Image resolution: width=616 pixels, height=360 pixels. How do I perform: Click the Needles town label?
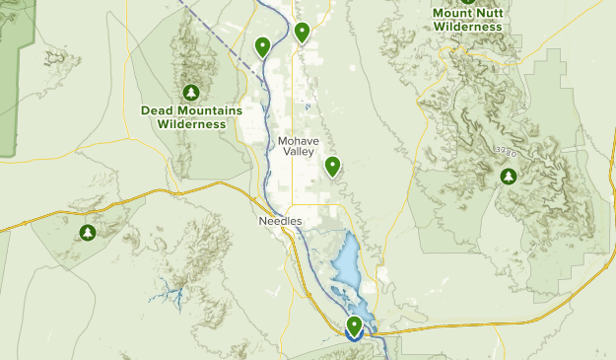coord(281,222)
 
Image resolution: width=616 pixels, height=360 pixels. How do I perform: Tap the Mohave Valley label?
coord(297,146)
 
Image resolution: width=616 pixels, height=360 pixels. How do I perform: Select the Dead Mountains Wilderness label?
coord(191,117)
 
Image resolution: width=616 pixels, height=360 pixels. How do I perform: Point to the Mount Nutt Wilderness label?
coord(467,20)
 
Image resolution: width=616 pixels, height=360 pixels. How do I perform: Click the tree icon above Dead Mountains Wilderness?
coord(191,92)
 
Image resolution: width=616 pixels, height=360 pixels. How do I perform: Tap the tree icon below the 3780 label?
coord(509,177)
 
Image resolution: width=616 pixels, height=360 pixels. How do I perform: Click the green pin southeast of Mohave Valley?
coord(333,166)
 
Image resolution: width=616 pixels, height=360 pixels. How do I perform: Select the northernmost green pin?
coord(302,32)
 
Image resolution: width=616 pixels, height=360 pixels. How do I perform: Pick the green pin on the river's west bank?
coord(263,45)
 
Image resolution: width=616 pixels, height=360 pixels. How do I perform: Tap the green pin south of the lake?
coord(354,325)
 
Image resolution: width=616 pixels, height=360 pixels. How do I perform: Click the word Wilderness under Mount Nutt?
coord(467,27)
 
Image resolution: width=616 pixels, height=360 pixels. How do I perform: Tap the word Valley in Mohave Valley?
coord(297,153)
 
